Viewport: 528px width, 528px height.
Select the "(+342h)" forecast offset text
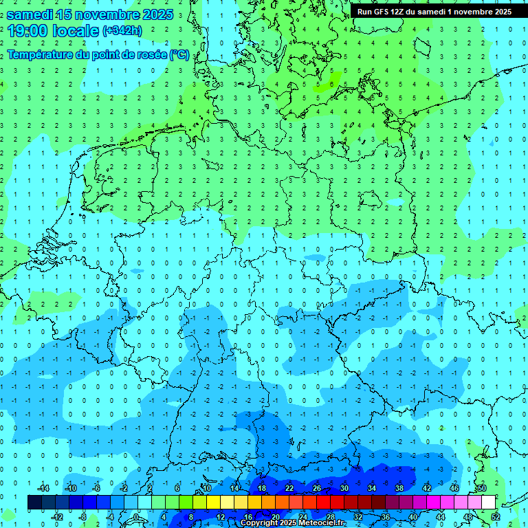(122, 30)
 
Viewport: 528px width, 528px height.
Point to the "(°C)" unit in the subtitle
(179, 55)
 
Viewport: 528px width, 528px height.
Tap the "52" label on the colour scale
(496, 517)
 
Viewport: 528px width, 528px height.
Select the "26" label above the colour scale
(317, 488)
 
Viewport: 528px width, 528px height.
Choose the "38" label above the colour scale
(399, 488)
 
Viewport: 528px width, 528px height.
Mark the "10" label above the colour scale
(206, 488)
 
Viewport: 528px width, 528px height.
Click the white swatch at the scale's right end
(488, 503)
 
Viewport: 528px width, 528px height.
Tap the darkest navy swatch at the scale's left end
(34, 503)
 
